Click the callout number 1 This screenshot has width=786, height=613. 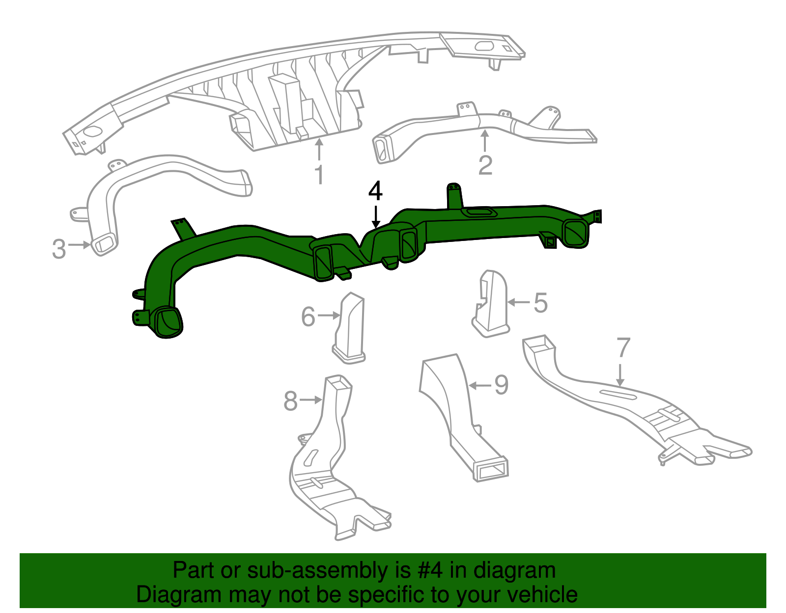pos(319,174)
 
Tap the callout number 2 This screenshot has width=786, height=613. pos(485,165)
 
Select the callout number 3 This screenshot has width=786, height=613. pos(59,249)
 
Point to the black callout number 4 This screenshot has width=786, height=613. pos(375,191)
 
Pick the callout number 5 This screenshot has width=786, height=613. pos(540,303)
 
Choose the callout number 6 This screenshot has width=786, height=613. pos(308,317)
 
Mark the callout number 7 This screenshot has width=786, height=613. pos(623,347)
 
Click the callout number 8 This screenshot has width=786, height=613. pos(291,401)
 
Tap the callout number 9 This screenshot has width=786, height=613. pos(501,385)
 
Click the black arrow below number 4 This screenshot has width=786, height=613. pos(375,216)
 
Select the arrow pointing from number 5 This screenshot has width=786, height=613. pos(519,302)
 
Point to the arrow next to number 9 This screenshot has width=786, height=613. pos(480,385)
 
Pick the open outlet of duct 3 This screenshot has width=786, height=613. pos(104,244)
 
